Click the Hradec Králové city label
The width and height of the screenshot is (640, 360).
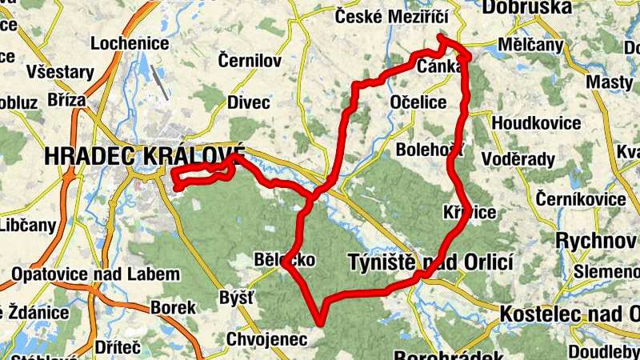coord(145,156)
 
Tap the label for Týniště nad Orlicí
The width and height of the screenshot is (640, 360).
coord(430,262)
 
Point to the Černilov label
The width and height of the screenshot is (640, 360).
coord(250,60)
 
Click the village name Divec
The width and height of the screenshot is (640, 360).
coord(249,102)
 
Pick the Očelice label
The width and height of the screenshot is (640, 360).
coord(418,102)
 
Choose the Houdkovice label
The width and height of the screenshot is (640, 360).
coord(536,123)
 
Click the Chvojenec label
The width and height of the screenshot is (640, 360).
coord(266,339)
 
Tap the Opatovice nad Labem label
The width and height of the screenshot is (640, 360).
coord(95,274)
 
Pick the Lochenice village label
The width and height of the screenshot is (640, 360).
coord(129,43)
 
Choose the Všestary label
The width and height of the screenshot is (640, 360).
coord(59,72)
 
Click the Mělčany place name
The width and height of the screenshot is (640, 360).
coord(530,44)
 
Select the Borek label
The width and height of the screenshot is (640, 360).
coord(173,308)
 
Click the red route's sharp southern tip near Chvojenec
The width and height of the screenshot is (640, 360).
coord(322,323)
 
